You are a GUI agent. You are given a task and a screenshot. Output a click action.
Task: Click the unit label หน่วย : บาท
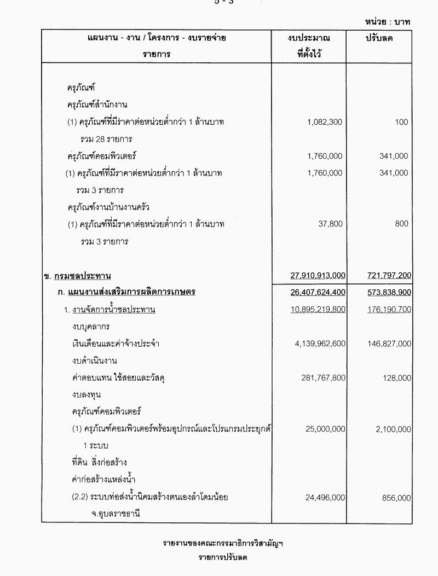(x=387, y=22)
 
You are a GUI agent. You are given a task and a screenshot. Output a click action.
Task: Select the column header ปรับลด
(x=381, y=38)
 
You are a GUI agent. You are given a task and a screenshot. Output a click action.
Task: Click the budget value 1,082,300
(x=325, y=122)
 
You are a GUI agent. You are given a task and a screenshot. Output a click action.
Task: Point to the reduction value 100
(x=401, y=122)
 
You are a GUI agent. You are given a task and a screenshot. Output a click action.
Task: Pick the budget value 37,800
(x=329, y=224)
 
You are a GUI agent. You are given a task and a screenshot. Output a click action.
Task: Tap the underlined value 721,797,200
(x=387, y=275)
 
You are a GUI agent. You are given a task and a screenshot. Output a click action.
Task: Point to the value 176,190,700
(x=387, y=310)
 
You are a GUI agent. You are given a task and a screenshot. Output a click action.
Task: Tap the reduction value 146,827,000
(x=387, y=344)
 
